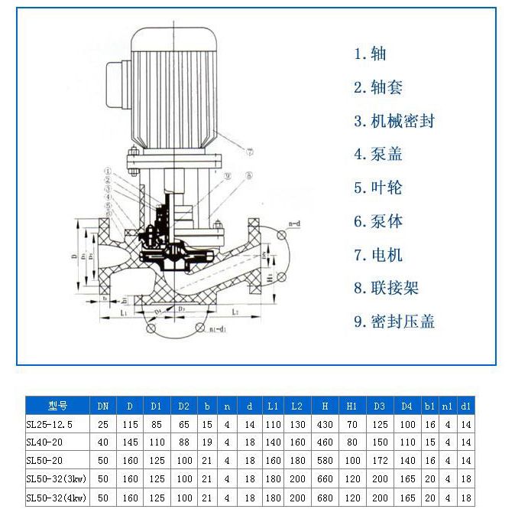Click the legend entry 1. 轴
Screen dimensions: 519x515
pos(370,54)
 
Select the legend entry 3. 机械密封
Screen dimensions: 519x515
pos(394,121)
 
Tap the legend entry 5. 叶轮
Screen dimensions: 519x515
pos(377,188)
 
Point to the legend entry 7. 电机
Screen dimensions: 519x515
pos(377,255)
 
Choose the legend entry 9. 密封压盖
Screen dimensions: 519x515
pos(394,322)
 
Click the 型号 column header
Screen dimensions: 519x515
pos(58,406)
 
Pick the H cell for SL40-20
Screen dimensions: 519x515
pos(326,442)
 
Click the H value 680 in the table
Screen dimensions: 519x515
pos(326,498)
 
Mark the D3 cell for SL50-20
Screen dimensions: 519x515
pos(381,461)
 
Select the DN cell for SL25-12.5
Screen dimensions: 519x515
pos(103,423)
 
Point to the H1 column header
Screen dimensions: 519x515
pos(352,406)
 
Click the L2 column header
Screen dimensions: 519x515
pos(298,406)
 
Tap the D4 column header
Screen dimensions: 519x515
pos(407,406)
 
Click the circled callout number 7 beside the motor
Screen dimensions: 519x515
pos(249,151)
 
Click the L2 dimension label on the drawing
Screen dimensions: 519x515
pos(234,313)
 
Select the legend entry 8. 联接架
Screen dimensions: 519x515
pos(386,289)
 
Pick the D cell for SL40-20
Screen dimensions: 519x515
pos(130,442)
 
